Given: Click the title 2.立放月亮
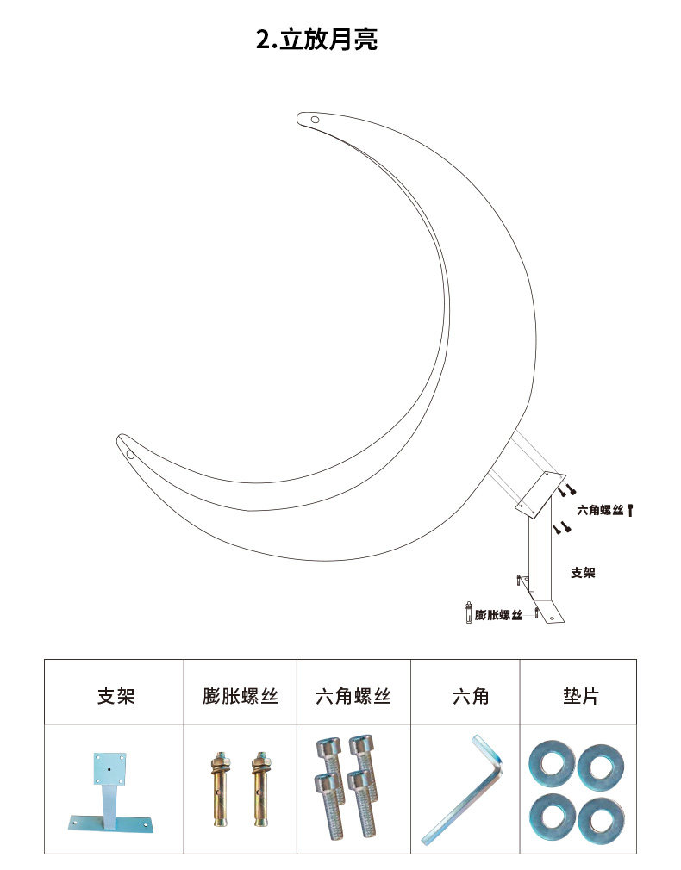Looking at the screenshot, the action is click(316, 39).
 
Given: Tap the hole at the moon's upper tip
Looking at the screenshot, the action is click(316, 120).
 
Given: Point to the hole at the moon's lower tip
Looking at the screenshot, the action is click(130, 453).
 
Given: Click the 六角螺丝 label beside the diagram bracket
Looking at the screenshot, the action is click(600, 511).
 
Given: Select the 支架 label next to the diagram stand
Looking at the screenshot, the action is click(583, 572).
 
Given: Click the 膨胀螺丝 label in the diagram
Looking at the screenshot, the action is click(499, 615).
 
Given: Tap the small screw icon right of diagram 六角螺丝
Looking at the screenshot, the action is click(630, 511).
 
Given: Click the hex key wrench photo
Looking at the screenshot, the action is click(464, 788).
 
